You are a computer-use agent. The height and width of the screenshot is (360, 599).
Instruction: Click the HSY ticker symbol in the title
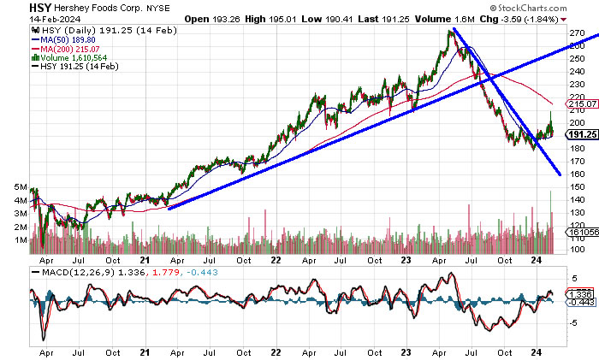click(x=15, y=7)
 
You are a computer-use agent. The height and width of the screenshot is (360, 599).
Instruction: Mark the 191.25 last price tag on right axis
click(x=581, y=134)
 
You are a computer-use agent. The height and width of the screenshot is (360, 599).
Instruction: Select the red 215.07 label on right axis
click(x=581, y=103)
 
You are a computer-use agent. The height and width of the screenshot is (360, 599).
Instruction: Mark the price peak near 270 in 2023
click(x=449, y=32)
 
